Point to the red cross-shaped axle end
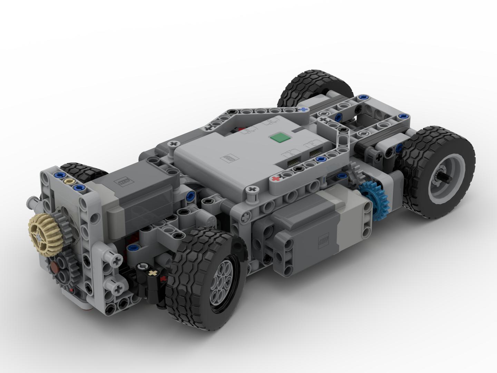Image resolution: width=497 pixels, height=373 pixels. (x=275, y=179)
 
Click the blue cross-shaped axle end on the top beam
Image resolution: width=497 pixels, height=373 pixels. (x=304, y=109)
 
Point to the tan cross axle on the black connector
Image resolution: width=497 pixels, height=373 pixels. (x=152, y=273)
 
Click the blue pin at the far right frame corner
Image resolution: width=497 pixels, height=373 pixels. (x=402, y=116)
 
